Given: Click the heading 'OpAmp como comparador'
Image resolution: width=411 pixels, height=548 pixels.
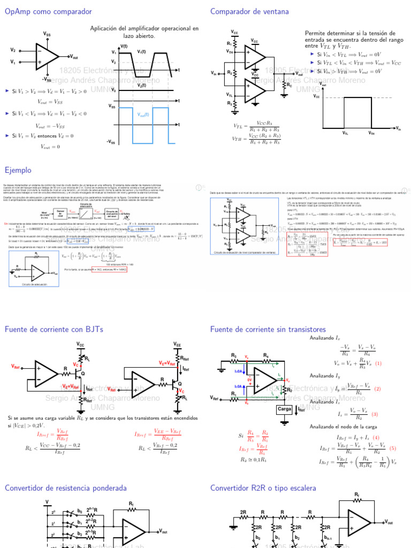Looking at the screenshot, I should (48, 11).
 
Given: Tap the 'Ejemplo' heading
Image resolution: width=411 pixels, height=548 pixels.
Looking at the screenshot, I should (18, 170).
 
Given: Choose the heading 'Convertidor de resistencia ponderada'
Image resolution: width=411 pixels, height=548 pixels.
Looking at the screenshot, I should (66, 488).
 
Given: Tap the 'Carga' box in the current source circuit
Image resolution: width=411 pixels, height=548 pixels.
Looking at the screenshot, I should (284, 409).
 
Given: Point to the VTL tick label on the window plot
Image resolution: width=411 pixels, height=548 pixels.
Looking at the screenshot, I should (345, 133).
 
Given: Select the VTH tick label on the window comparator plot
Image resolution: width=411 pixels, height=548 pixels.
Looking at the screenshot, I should (371, 133).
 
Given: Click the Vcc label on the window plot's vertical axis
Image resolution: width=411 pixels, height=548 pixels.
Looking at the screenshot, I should (316, 97).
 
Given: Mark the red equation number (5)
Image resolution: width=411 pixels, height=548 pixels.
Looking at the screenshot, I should (392, 448).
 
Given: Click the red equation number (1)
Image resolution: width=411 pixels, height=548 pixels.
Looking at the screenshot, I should (378, 363).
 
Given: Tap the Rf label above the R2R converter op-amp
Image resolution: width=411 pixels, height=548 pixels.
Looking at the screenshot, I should (357, 494).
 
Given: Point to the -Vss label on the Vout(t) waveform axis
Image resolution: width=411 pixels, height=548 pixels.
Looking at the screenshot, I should (111, 142).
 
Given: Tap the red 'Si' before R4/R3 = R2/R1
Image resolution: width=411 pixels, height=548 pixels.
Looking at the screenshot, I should (241, 436).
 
